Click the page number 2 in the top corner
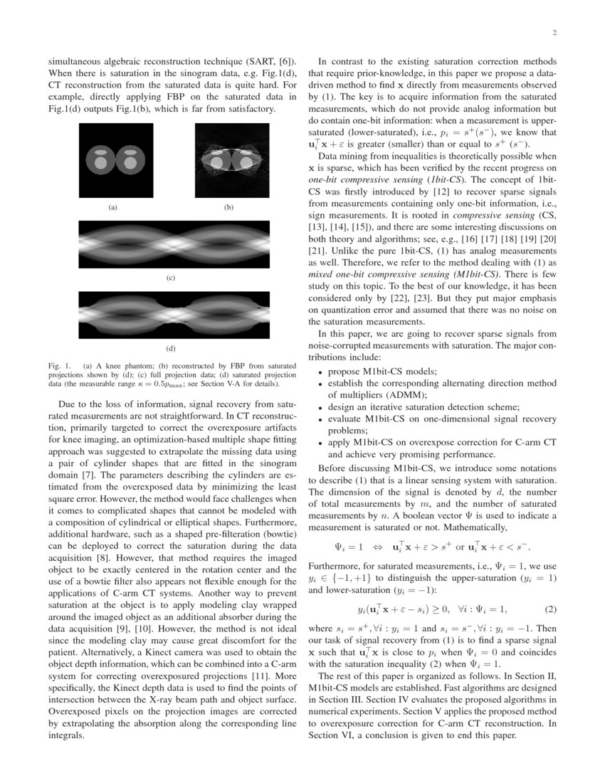(x=554, y=33)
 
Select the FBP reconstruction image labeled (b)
(x=228, y=162)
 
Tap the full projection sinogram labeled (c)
(x=171, y=244)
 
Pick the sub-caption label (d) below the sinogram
(x=171, y=349)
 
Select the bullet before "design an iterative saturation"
(x=321, y=407)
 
